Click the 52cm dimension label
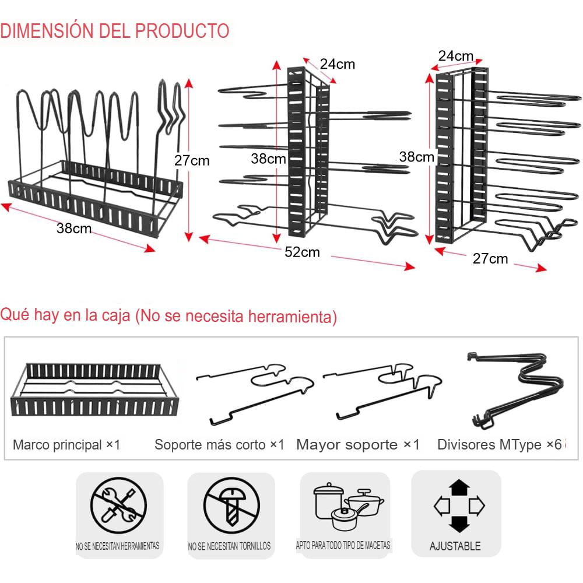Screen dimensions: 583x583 click(x=302, y=252)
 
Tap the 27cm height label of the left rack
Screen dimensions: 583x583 click(x=192, y=161)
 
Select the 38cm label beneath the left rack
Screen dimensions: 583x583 click(x=74, y=229)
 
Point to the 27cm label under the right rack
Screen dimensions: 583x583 click(x=490, y=258)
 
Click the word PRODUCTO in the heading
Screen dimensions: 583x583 click(x=182, y=30)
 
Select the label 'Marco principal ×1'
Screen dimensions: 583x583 click(x=66, y=445)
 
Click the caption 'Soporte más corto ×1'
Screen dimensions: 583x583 click(x=219, y=445)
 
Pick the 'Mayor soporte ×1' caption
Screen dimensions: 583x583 click(x=358, y=445)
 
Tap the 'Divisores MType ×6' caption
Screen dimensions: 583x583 click(x=500, y=445)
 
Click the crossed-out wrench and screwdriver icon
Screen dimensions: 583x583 click(x=118, y=506)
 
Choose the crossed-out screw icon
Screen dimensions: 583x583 click(x=231, y=506)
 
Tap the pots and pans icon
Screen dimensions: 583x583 click(x=349, y=506)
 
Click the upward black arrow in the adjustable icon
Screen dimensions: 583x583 click(x=459, y=487)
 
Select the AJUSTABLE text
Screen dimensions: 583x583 click(x=455, y=546)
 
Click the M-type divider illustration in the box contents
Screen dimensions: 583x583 click(x=516, y=390)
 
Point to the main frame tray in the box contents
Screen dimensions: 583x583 click(x=95, y=389)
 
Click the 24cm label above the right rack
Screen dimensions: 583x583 click(x=456, y=56)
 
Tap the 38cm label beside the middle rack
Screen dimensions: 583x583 click(x=268, y=159)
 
